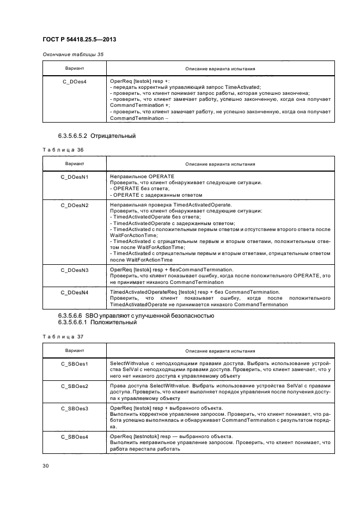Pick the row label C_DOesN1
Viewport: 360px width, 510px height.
click(74, 177)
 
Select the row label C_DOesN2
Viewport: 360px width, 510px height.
click(74, 205)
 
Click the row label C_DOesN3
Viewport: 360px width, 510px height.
click(74, 270)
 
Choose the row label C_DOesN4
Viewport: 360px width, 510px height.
click(74, 293)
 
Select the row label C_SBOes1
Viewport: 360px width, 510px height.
click(74, 363)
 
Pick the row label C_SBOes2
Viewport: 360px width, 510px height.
click(74, 386)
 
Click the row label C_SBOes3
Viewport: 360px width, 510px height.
click(74, 408)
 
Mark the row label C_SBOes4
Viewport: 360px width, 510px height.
click(74, 436)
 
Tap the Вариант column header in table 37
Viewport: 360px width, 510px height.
click(74, 350)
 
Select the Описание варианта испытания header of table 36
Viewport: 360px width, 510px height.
click(220, 164)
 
